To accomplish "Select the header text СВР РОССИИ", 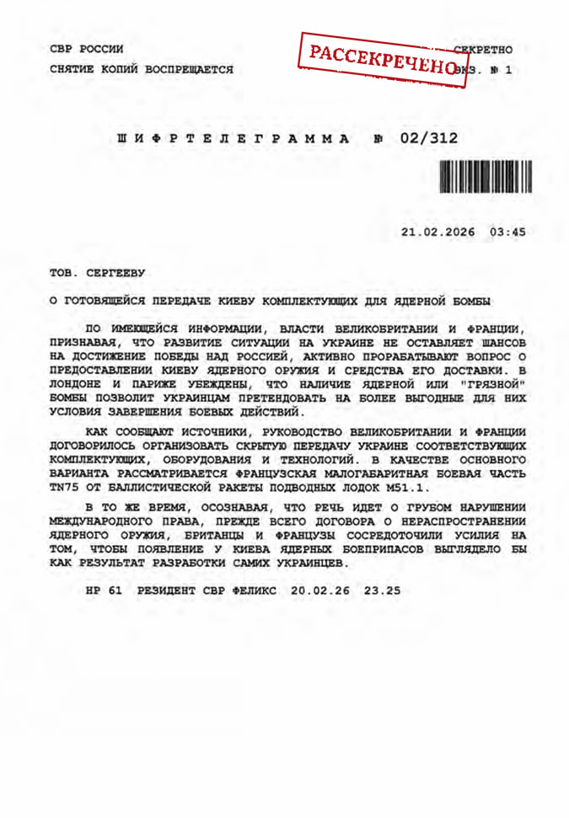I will [87, 50].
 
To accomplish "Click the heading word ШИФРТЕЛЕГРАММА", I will [234, 138].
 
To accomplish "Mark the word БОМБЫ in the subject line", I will [473, 301].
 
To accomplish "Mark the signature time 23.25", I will [382, 590].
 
